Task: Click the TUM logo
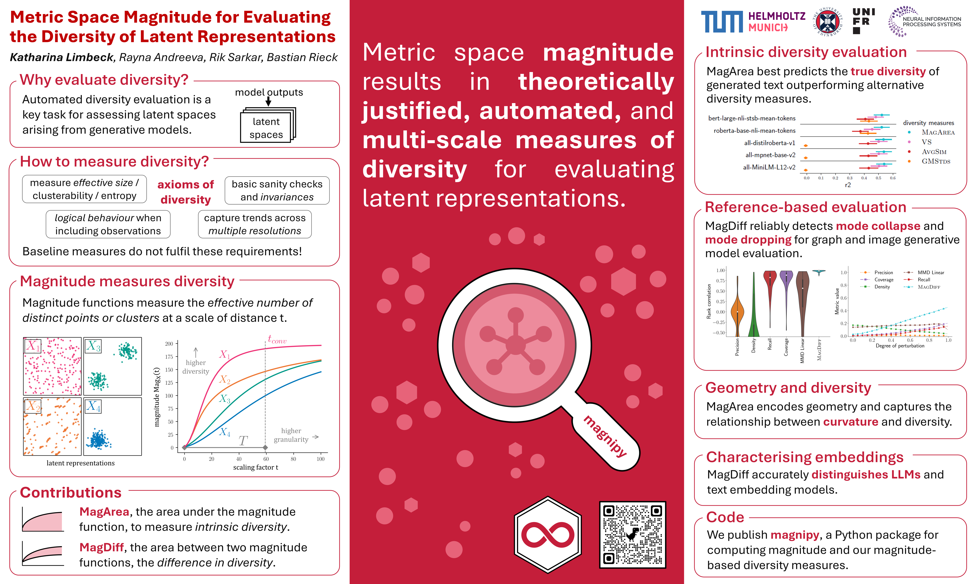[722, 22]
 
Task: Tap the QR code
[632, 534]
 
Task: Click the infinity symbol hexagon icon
[548, 534]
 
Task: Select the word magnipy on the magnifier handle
[605, 436]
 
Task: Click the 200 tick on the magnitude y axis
[169, 344]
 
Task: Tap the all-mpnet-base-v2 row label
[770, 155]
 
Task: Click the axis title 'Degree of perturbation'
[900, 346]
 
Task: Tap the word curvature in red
[850, 422]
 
